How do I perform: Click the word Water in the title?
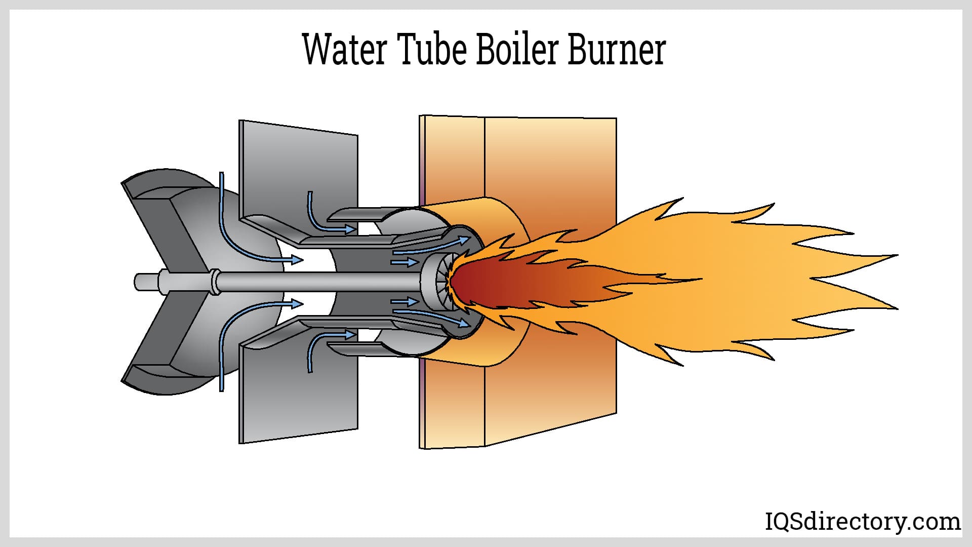(x=345, y=50)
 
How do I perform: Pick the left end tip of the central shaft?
(x=138, y=281)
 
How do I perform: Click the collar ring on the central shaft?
(x=216, y=282)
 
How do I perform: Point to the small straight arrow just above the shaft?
(x=404, y=262)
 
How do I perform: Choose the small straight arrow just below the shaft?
(x=404, y=302)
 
